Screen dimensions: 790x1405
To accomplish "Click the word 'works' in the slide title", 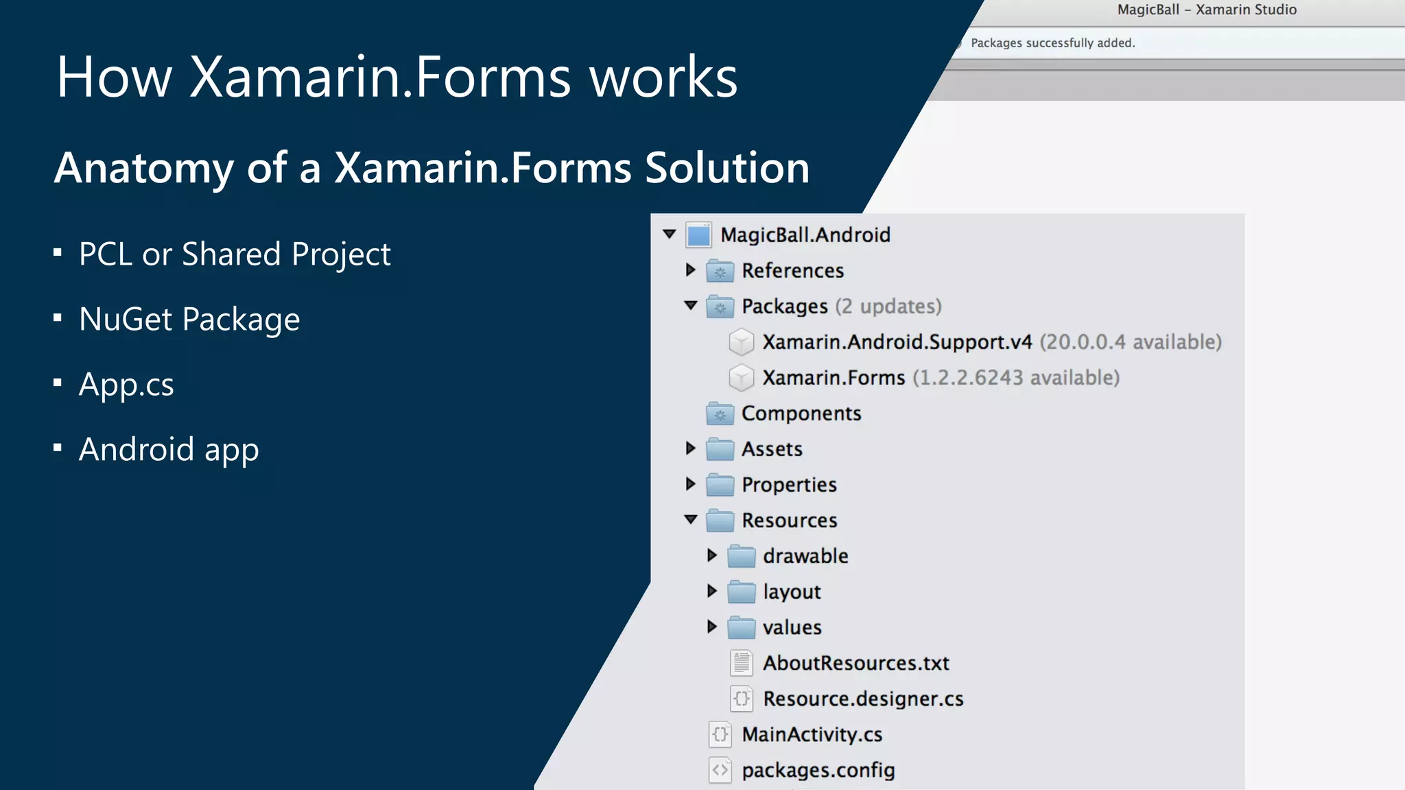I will (663, 77).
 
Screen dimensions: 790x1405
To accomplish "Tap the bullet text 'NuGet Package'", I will (189, 320).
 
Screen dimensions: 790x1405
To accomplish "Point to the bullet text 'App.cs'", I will (126, 385).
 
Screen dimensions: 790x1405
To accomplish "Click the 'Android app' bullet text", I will (169, 450).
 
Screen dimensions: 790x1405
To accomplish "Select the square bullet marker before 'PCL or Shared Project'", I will (58, 253).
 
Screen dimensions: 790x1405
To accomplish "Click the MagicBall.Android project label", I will (805, 235).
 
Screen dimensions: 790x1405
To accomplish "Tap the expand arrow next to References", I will (690, 270).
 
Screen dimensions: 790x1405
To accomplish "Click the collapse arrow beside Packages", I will (690, 305).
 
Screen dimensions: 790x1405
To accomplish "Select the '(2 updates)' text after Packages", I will (888, 307).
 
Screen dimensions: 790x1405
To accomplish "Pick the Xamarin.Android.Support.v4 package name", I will (897, 342).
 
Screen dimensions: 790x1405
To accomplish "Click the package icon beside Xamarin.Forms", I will (741, 378).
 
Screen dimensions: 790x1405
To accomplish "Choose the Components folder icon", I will (720, 414).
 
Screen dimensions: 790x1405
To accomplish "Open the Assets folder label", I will (772, 449).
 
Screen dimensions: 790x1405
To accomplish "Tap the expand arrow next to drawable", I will (711, 555).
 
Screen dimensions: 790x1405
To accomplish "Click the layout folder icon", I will (741, 592).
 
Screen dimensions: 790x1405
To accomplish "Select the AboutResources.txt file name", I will (856, 663).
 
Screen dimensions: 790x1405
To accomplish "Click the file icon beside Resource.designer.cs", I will (741, 699).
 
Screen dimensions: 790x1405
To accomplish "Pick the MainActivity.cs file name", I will (812, 734).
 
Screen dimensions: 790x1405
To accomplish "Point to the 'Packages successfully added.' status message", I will (1053, 43).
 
